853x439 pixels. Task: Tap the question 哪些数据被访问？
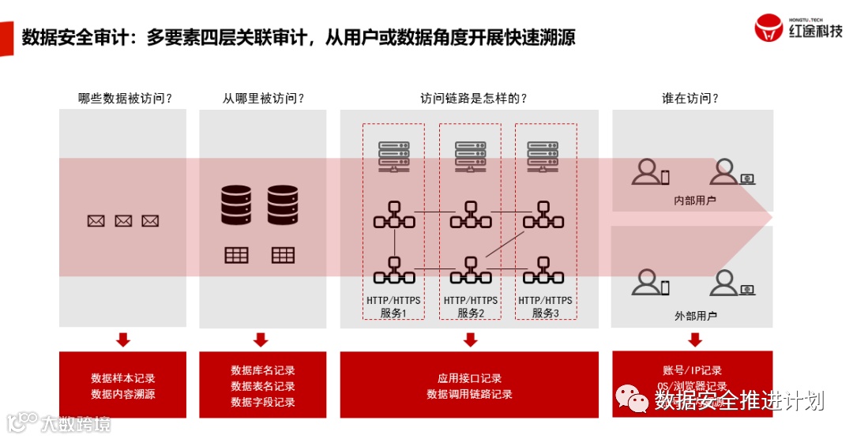click(125, 99)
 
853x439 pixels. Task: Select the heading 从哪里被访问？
click(263, 99)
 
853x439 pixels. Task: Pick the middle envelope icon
click(123, 221)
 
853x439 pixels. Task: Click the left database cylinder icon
click(236, 204)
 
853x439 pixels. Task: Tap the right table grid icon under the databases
click(283, 255)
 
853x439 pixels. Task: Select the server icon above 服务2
click(470, 155)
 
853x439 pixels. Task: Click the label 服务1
click(393, 313)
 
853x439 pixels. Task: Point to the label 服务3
click(545, 313)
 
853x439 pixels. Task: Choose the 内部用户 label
click(695, 201)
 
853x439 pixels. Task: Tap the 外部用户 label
click(695, 316)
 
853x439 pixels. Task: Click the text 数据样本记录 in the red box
click(123, 378)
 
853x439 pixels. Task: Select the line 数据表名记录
click(263, 386)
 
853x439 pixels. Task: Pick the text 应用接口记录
click(470, 378)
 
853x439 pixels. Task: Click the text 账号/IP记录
click(692, 370)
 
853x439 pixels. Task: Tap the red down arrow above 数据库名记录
click(261, 340)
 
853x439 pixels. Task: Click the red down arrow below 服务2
click(470, 340)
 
